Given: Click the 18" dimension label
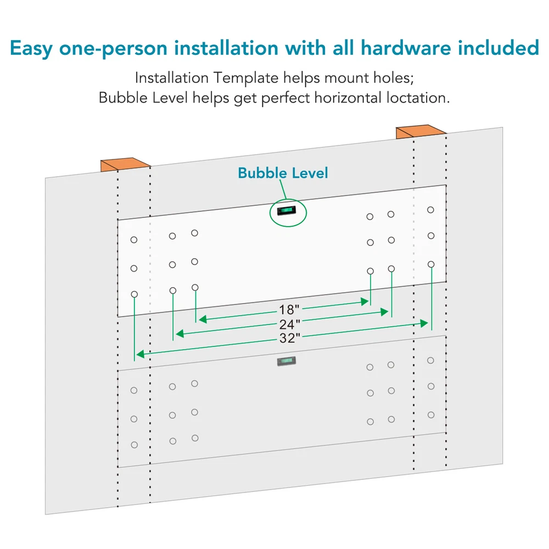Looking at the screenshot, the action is pos(289,310).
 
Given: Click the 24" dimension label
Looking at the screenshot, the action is pos(289,324).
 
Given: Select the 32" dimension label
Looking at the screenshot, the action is pos(289,338).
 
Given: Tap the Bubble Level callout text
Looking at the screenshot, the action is pos(283,173).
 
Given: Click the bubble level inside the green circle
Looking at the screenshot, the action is pos(287,210).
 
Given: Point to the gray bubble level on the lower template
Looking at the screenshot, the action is pos(287,361).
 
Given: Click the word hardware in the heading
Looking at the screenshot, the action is pos(406,48).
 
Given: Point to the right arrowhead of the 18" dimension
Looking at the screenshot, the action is pos(365,301).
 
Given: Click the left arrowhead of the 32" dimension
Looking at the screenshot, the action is pos(141,354).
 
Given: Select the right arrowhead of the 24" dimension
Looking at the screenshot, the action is pos(384,312).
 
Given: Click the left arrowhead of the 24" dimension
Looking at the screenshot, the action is pos(180,334).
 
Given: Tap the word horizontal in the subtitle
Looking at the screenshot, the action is pos(348,98).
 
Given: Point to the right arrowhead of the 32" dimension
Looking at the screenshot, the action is pos(424,323).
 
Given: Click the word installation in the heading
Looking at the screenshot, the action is pos(226,48).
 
